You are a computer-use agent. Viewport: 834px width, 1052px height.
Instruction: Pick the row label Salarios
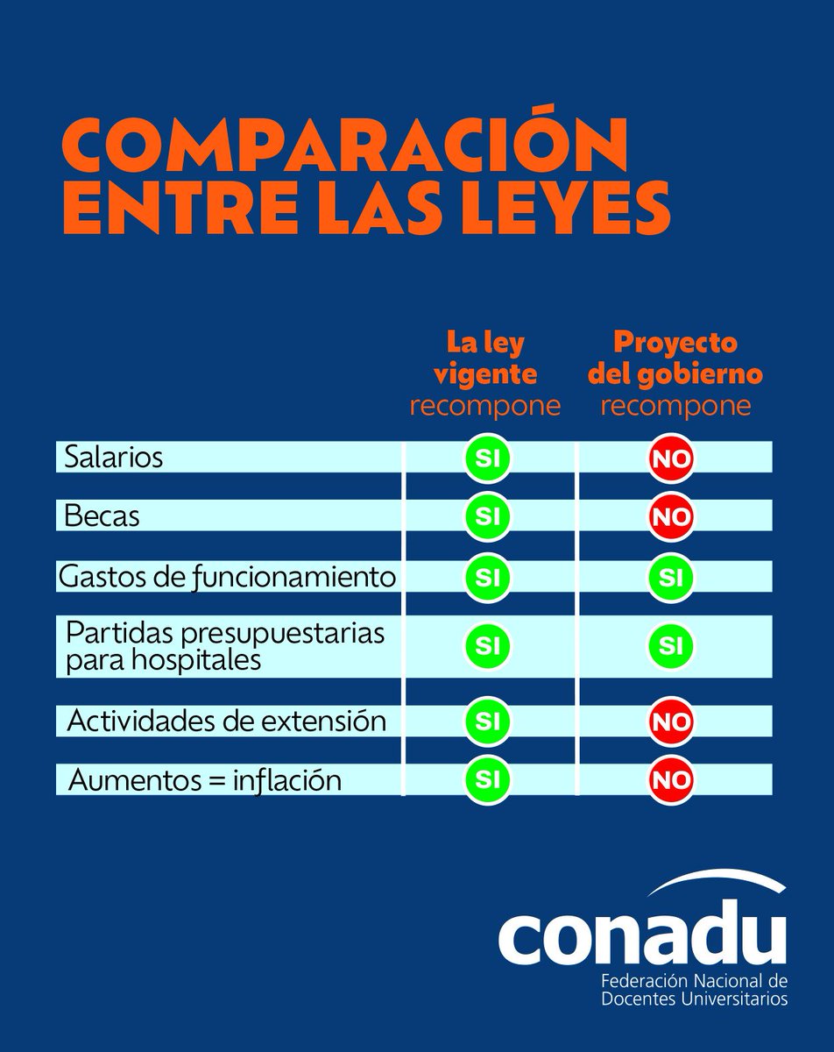(114, 458)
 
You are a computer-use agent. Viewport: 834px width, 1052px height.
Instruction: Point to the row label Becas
(102, 516)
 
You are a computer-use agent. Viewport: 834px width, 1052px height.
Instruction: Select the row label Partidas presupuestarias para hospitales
(224, 646)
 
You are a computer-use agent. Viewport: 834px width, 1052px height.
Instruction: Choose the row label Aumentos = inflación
(203, 778)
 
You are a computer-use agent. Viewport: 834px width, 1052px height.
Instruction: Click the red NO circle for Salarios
(671, 458)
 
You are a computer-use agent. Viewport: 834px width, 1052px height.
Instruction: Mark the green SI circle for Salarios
(486, 458)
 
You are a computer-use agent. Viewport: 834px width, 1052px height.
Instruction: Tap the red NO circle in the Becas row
(671, 516)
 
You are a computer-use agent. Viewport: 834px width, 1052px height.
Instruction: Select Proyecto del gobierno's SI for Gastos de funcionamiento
(671, 577)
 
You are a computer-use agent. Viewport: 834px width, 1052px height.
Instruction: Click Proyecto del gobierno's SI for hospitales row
(671, 646)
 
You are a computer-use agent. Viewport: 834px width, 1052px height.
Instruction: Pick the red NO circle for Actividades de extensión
(671, 721)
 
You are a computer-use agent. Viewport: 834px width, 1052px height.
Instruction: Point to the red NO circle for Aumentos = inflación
(671, 778)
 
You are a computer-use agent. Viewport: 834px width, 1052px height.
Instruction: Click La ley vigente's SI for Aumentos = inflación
(486, 778)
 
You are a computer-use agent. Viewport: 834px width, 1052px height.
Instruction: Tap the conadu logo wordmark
(642, 935)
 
